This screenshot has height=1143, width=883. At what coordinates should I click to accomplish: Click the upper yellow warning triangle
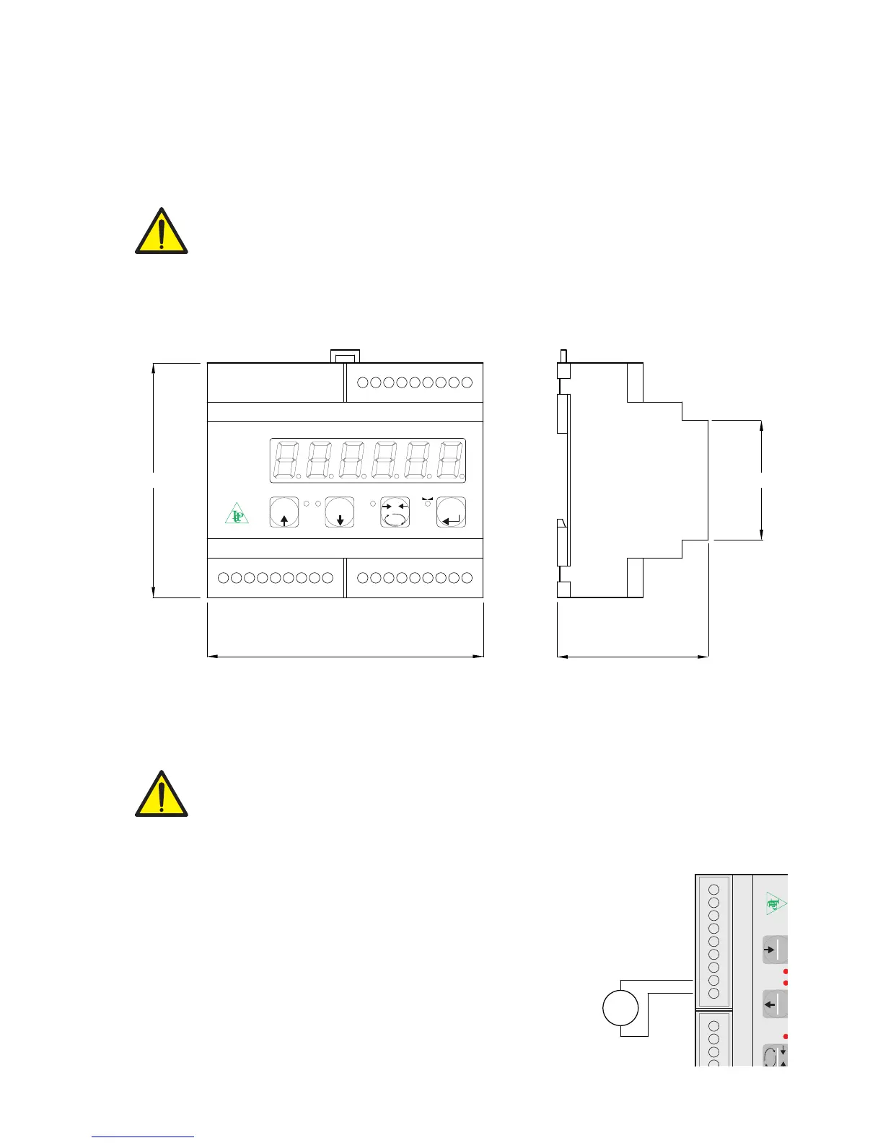point(162,233)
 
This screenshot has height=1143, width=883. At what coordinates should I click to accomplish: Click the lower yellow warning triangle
point(162,795)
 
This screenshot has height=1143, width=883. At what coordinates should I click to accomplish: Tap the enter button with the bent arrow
point(452,512)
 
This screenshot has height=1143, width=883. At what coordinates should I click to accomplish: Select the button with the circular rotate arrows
point(395,512)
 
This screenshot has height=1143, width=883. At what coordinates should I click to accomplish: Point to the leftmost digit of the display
point(287,460)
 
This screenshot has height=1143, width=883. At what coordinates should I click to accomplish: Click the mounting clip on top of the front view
point(345,356)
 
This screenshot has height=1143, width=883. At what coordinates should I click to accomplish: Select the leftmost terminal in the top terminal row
point(363,382)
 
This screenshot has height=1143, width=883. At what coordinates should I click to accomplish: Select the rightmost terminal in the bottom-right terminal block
point(467,578)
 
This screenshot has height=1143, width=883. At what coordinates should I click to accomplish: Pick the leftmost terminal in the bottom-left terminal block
point(223,578)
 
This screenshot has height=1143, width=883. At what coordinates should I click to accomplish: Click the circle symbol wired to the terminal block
point(620,1008)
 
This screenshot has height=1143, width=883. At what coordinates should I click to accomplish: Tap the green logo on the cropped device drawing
point(775,903)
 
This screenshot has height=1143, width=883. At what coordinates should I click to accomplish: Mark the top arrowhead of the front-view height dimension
point(154,368)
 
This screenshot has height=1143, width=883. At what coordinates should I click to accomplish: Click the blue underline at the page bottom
point(143,1137)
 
